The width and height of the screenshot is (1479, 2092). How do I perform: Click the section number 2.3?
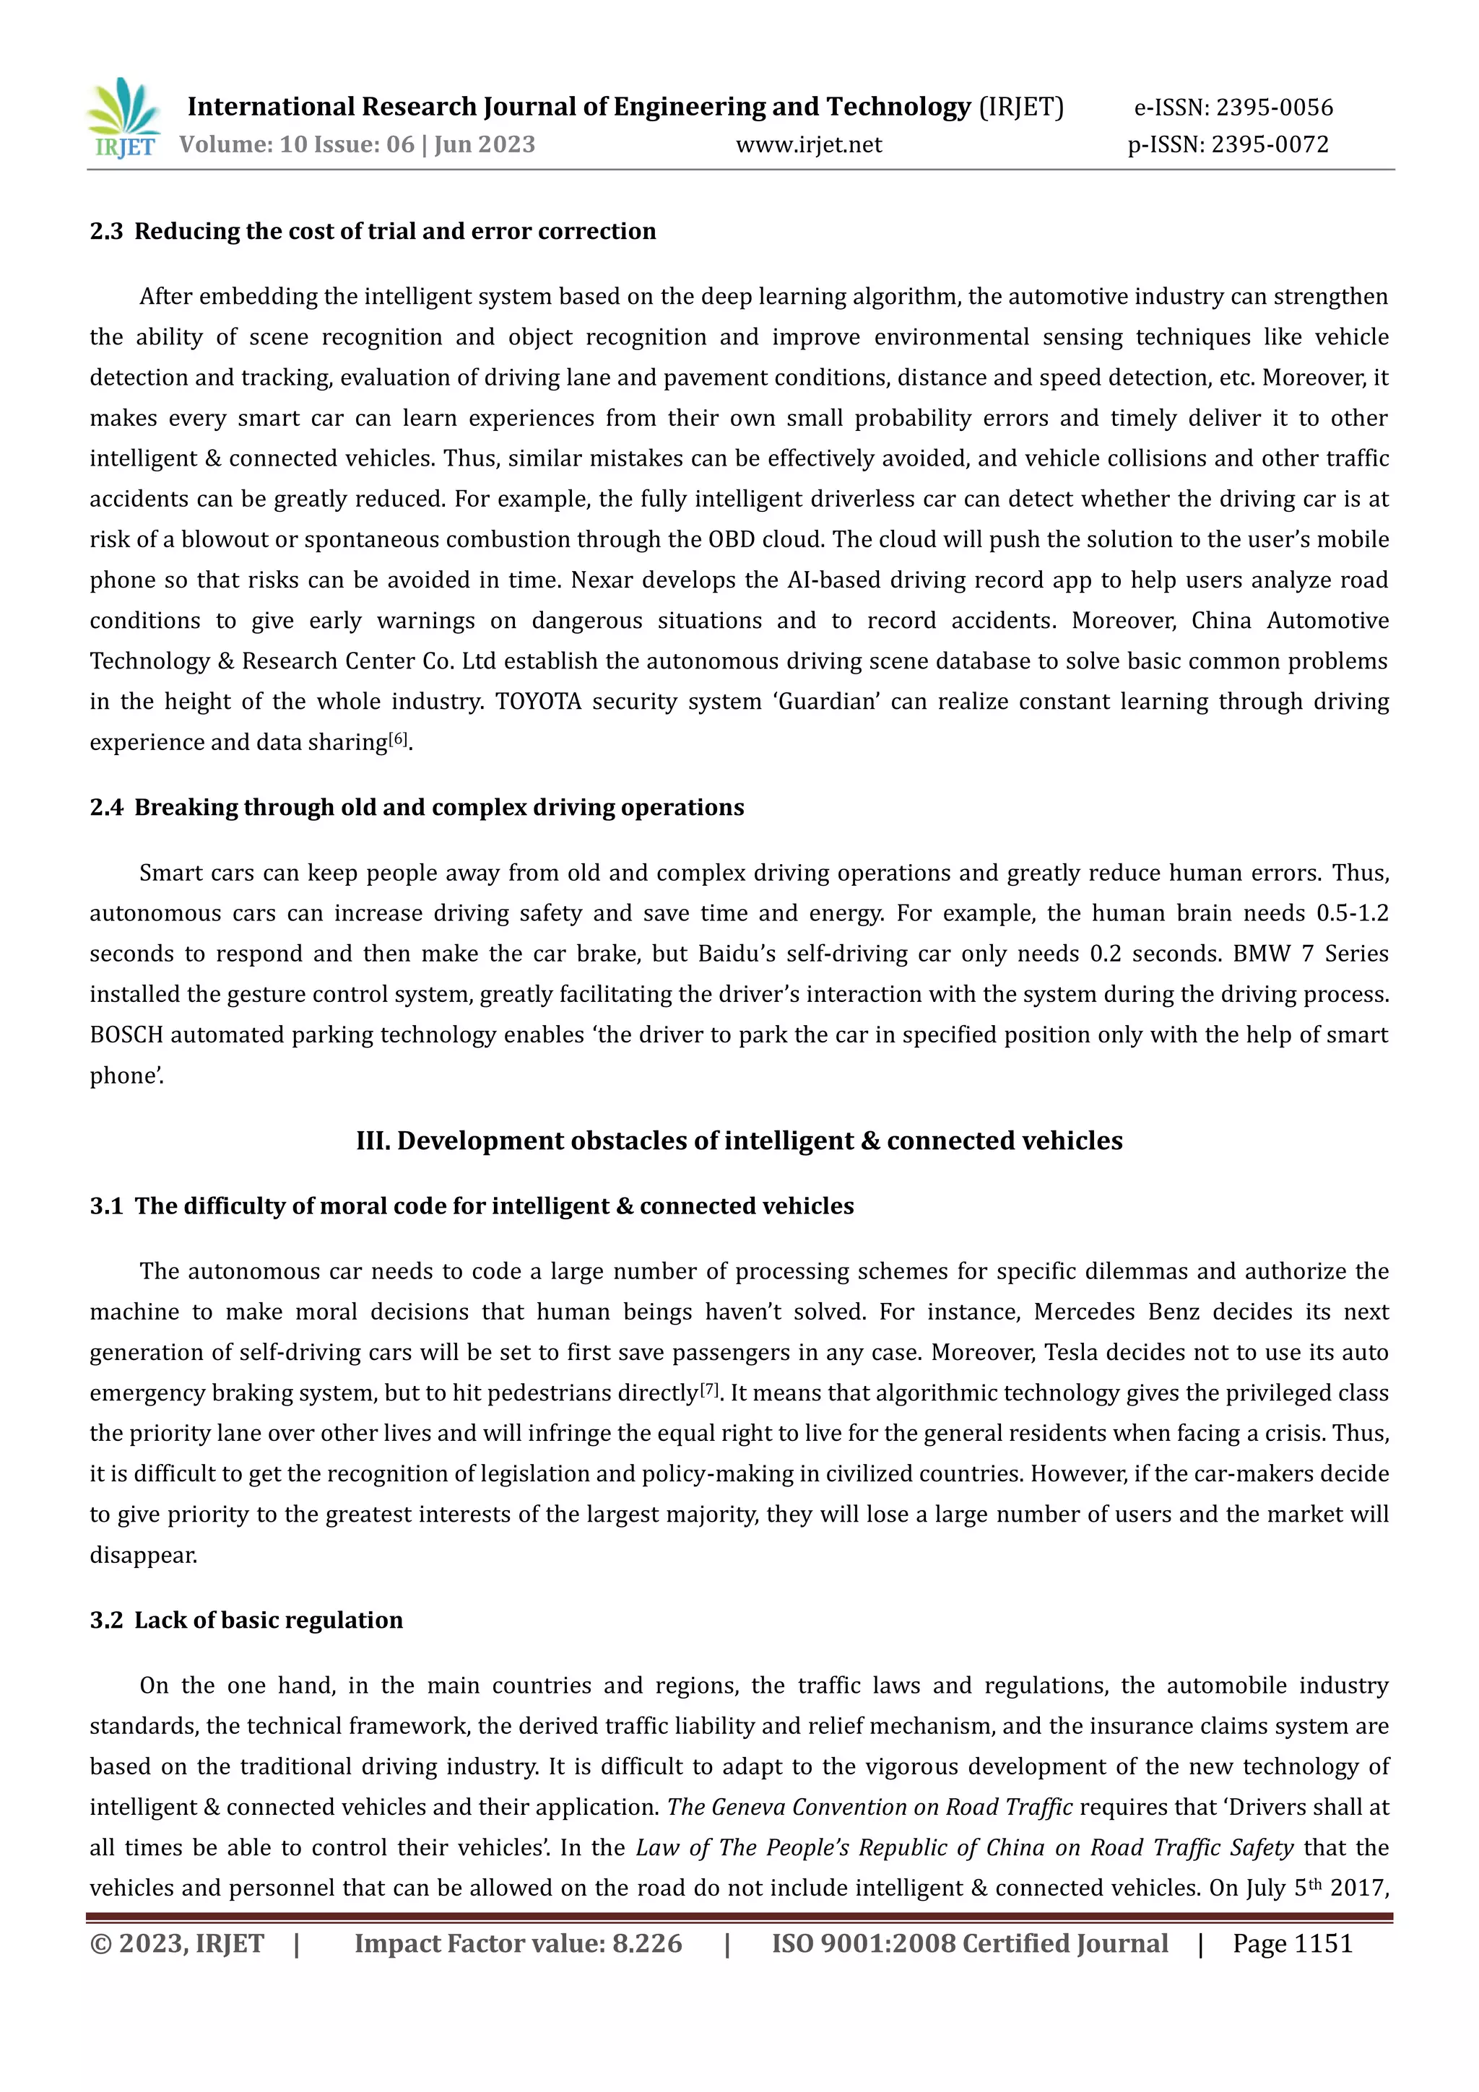105,232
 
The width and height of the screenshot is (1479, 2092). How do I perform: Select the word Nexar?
602,580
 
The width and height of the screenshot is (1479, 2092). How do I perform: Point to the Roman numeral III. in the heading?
372,1141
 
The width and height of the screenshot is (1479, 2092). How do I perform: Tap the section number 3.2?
105,1620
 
